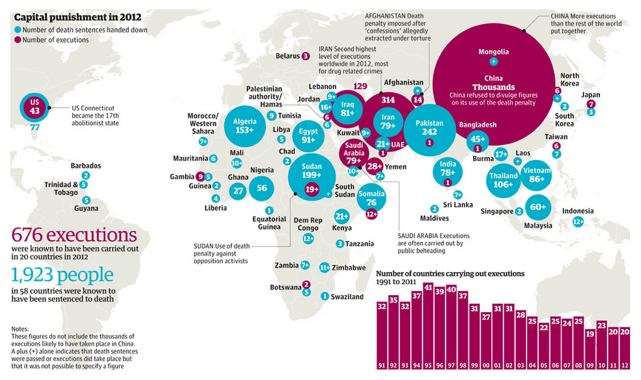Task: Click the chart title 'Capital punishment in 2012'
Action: pyautogui.click(x=78, y=17)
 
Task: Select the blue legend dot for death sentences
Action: pyautogui.click(x=18, y=30)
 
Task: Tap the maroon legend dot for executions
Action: pyautogui.click(x=18, y=40)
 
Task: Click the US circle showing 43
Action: pyautogui.click(x=35, y=107)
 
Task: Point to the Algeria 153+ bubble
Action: pyautogui.click(x=245, y=126)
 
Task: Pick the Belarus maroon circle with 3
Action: pyautogui.click(x=306, y=56)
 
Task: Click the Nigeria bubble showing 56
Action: pyautogui.click(x=262, y=188)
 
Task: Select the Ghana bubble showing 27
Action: pyautogui.click(x=238, y=191)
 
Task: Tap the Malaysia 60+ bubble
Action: pyautogui.click(x=538, y=207)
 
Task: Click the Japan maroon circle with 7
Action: pyautogui.click(x=591, y=104)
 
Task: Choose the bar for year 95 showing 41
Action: pyautogui.click(x=428, y=326)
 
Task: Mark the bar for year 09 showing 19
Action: pyautogui.click(x=590, y=349)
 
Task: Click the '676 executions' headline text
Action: pyautogui.click(x=74, y=235)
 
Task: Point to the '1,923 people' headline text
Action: pyautogui.click(x=63, y=275)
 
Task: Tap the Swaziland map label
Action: pyautogui.click(x=347, y=297)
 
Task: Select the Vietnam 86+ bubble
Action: pyautogui.click(x=536, y=175)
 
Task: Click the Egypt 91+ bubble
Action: pyautogui.click(x=308, y=136)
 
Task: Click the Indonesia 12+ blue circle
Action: pyautogui.click(x=578, y=222)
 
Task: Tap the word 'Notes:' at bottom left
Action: pyautogui.click(x=20, y=329)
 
